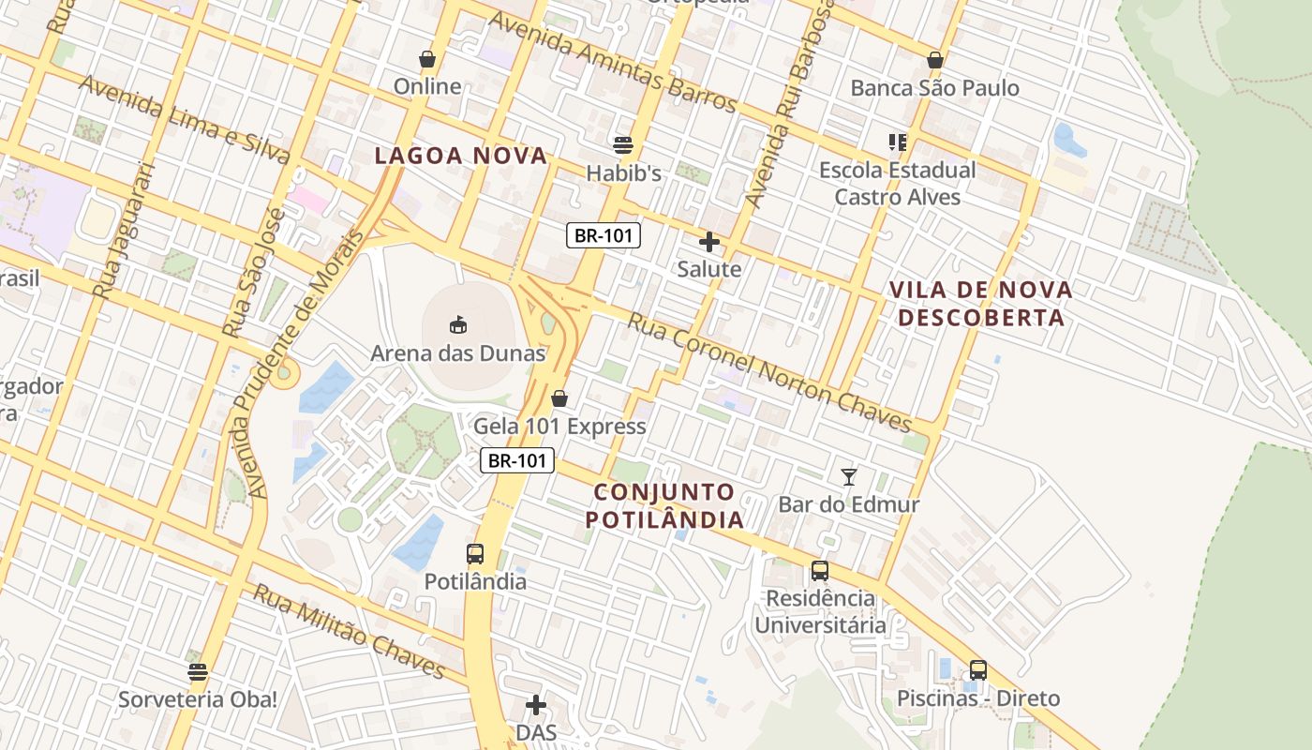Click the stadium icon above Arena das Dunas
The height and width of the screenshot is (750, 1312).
458,325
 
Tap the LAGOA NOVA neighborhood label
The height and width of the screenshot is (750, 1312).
460,156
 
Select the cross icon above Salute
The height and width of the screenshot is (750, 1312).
709,242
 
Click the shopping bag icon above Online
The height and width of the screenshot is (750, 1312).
427,59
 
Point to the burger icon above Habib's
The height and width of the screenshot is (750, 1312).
623,144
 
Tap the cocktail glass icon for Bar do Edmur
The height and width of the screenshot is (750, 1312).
849,476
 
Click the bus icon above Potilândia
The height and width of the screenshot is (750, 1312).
475,553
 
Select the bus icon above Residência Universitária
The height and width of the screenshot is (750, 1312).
820,570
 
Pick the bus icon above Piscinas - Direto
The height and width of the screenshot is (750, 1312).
978,669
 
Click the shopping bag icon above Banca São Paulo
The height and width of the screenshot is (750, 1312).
934,60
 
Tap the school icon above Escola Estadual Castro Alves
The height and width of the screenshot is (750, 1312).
898,142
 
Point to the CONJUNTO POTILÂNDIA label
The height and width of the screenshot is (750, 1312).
665,505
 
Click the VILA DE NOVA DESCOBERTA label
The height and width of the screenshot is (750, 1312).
980,303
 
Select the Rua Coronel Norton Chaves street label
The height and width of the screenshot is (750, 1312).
768,372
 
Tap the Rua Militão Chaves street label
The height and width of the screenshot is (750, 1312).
349,631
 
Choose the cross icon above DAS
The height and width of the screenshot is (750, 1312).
536,704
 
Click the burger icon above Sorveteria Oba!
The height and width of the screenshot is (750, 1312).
197,671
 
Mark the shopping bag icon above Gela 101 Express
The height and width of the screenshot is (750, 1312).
559,398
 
